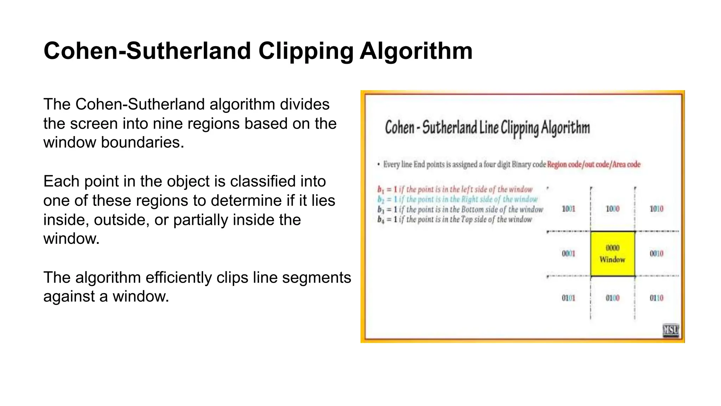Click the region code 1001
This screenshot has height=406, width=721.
[x=568, y=209]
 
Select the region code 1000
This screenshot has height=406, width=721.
[x=612, y=209]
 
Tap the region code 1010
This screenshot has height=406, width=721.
[x=656, y=209]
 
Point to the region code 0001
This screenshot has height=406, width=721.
[x=568, y=253]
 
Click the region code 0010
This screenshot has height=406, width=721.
[x=656, y=253]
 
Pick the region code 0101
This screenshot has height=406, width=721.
[x=568, y=298]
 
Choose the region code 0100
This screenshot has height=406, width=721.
[x=612, y=298]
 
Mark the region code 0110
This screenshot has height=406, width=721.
[x=656, y=298]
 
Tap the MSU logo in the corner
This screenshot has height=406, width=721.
[x=671, y=330]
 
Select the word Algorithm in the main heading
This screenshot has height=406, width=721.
[x=416, y=51]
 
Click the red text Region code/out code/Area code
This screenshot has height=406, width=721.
[x=594, y=164]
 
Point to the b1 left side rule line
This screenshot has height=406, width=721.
[x=455, y=189]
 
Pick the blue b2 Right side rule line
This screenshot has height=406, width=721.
[x=457, y=199]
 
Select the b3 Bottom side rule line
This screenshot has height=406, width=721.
[x=460, y=209]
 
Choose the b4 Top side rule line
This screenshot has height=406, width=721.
[x=454, y=219]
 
